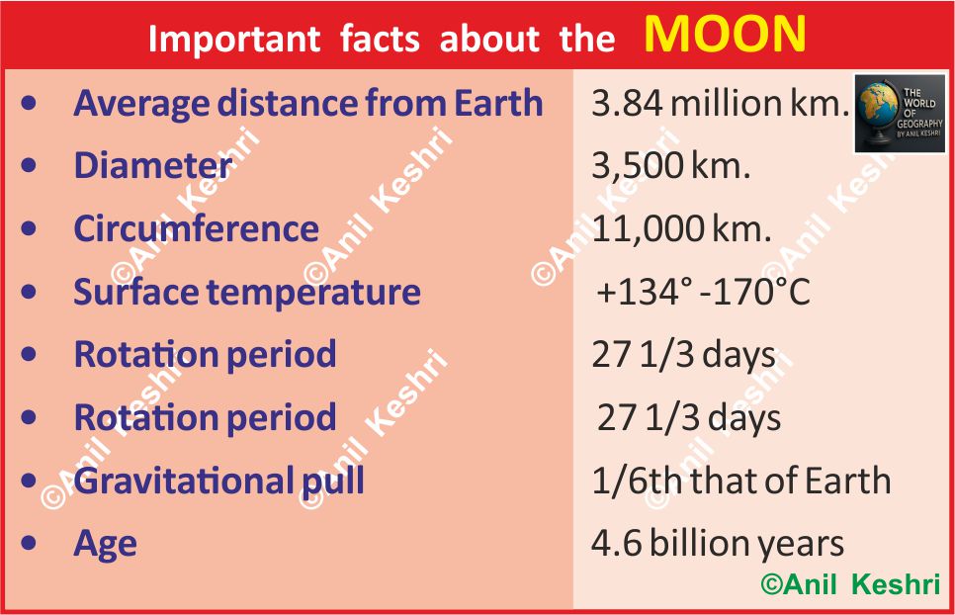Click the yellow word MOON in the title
[x=725, y=34]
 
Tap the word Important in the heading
[x=234, y=40]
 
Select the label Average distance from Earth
[x=308, y=104]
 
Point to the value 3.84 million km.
[x=720, y=103]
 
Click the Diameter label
[x=153, y=165]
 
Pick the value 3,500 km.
[x=670, y=166]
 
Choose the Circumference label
[x=196, y=229]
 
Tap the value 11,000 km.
[x=681, y=229]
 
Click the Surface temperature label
[x=247, y=293]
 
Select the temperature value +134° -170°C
[x=704, y=292]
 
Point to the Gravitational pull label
[x=218, y=482]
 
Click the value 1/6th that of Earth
[x=741, y=481]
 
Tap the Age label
[x=106, y=545]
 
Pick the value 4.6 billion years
[x=718, y=544]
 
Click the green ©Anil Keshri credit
[x=851, y=584]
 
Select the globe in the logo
[x=877, y=114]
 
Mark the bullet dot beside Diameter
[x=29, y=166]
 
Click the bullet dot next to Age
[x=29, y=543]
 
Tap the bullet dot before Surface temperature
[x=29, y=292]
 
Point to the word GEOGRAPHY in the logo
[x=919, y=124]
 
